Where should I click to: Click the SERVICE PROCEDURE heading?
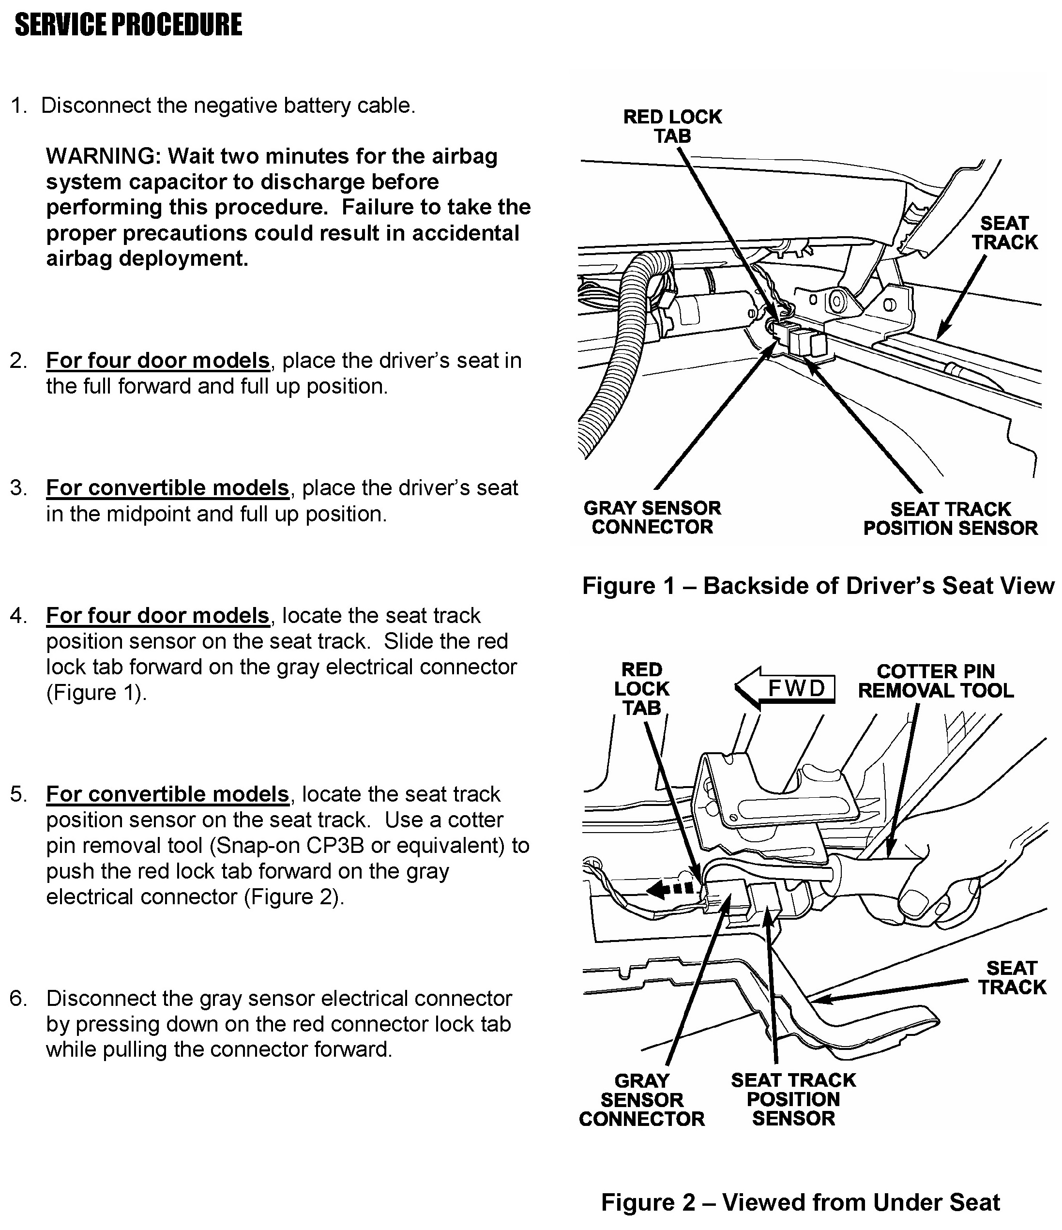click(x=128, y=25)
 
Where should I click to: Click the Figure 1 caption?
click(x=818, y=586)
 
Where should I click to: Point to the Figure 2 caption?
click(x=800, y=1203)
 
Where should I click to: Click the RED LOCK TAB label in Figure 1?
click(x=672, y=126)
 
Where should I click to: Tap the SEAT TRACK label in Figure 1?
click(x=1004, y=233)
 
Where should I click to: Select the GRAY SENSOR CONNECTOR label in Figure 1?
click(x=652, y=517)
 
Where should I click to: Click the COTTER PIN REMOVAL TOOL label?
click(x=936, y=681)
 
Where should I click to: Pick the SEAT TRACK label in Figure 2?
click(x=1012, y=978)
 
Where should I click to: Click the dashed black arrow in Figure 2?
click(x=669, y=889)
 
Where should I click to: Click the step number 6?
click(x=18, y=999)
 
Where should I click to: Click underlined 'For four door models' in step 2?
click(x=158, y=360)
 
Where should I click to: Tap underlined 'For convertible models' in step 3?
click(x=167, y=488)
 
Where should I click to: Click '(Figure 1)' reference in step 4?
click(x=96, y=693)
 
